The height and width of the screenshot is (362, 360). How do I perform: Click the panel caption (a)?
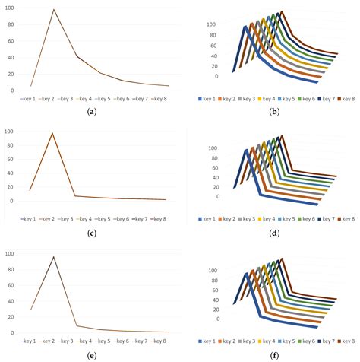(x=92, y=111)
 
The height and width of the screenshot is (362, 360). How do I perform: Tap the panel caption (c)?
(x=92, y=232)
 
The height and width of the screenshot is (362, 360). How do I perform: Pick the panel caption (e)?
(x=92, y=354)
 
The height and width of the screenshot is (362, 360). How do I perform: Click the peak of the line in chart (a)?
(x=54, y=10)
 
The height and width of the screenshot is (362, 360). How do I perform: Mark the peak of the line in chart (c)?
(x=53, y=133)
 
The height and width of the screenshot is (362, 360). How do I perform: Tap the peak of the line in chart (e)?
(x=53, y=256)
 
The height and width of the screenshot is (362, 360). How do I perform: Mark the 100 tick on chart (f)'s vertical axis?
(x=212, y=270)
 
